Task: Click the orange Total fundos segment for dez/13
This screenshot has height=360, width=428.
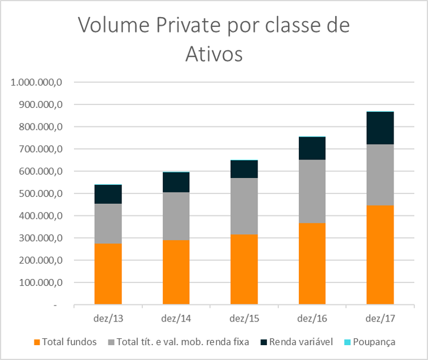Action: pos(108,274)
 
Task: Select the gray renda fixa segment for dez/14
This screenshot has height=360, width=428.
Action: pos(176,215)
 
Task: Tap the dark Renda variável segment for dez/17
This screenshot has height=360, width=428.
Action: pos(380,127)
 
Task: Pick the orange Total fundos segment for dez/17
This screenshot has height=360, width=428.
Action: pos(380,254)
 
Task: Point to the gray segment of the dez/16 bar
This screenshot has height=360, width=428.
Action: pos(312,191)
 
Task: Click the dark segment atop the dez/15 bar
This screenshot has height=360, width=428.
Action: pos(244,169)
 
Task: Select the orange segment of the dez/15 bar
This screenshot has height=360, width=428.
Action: pos(244,269)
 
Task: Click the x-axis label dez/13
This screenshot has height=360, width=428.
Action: pos(108,318)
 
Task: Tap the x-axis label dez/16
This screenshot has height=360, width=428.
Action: pos(312,318)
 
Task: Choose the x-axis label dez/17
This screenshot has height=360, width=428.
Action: pos(380,318)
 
